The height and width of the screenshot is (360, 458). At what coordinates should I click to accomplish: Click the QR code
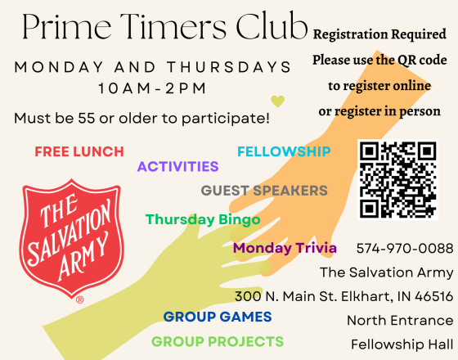[397, 180]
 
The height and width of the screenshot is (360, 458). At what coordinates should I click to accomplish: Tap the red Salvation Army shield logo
[72, 238]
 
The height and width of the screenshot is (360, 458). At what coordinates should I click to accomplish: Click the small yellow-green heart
[277, 101]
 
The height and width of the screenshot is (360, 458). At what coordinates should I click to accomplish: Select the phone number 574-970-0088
[405, 249]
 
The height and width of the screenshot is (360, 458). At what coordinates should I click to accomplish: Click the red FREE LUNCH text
[79, 151]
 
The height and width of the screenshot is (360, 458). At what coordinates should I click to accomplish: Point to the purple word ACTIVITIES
[178, 167]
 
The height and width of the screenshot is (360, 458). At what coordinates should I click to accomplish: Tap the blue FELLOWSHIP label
[284, 151]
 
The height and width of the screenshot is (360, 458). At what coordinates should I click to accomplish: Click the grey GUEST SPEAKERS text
[264, 191]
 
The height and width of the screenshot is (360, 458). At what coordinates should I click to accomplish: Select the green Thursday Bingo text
[203, 219]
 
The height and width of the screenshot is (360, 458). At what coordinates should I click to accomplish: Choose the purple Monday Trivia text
[285, 248]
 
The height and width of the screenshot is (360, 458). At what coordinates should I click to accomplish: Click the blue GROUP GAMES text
[218, 317]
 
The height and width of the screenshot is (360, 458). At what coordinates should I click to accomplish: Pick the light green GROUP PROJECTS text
[218, 341]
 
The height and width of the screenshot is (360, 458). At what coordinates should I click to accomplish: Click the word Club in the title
[272, 25]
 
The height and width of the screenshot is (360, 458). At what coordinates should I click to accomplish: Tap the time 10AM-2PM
[152, 88]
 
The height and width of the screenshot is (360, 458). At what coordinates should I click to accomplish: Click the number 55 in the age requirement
[87, 118]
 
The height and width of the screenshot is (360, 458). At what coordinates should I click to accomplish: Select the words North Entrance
[400, 320]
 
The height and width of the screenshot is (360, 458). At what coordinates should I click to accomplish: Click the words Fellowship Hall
[402, 344]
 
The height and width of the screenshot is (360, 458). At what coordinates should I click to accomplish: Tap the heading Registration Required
[379, 34]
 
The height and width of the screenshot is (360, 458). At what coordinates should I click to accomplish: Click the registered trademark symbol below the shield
[80, 299]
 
